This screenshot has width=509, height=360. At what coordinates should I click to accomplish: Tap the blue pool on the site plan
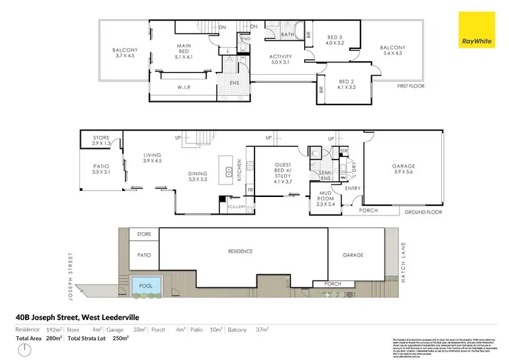tap(145, 285)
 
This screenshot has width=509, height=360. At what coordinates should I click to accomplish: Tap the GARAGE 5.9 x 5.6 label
tap(402, 170)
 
